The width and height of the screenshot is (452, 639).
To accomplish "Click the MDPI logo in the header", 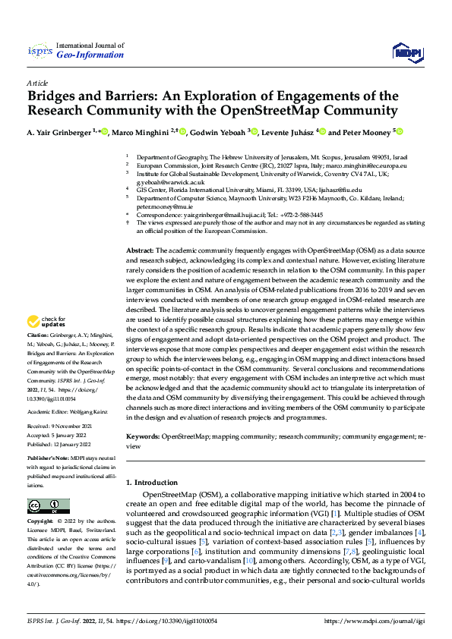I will [406, 50].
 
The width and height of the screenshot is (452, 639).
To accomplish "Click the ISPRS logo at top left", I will [39, 51].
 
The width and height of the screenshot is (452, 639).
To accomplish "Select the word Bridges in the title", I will [55, 96].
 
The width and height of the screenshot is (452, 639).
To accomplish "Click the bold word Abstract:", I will [140, 250].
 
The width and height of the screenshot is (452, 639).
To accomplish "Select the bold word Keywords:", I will [143, 438].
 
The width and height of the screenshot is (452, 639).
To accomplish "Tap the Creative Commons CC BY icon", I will [48, 506].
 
